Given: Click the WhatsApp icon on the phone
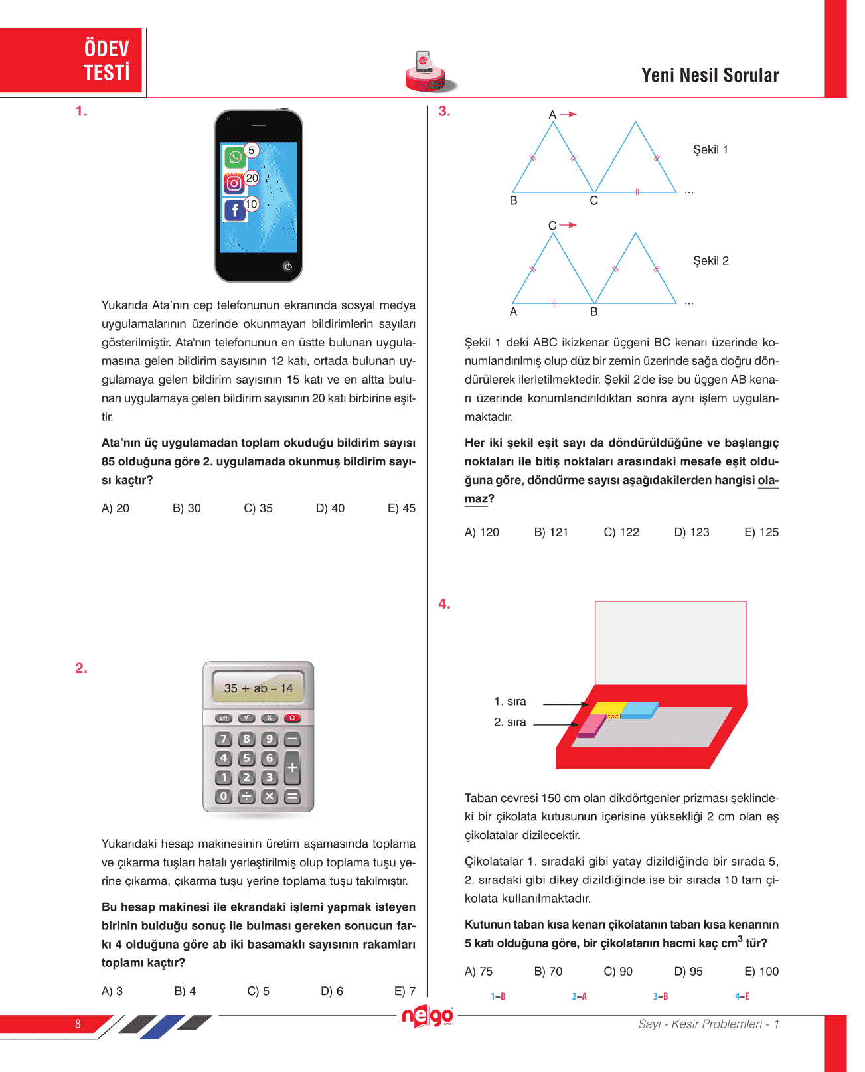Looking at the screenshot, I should coord(234,157).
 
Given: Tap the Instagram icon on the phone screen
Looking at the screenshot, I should coord(234,183).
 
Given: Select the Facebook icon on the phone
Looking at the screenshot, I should coord(234,210).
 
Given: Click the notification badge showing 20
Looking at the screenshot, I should coord(252,178).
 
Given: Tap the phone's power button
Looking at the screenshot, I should coord(287,266).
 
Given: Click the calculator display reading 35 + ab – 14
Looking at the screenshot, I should coord(258,688).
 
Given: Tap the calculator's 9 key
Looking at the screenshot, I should coord(269,739).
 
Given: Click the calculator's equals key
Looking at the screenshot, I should coord(292,796).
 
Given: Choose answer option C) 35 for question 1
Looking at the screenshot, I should coord(258,508).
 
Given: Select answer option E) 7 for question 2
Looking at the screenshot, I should coord(405,991).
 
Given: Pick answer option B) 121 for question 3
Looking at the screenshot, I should coord(551,532).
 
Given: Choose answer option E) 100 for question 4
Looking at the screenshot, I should coord(761,972).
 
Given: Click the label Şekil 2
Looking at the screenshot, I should coord(711,261).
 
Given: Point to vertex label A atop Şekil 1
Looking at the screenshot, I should coord(552,115).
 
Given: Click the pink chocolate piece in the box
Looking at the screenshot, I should coord(591,725).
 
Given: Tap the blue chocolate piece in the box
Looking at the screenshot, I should coord(639,710).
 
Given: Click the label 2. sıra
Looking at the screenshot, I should coord(510,722).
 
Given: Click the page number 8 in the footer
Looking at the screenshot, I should coord(78,1024).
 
